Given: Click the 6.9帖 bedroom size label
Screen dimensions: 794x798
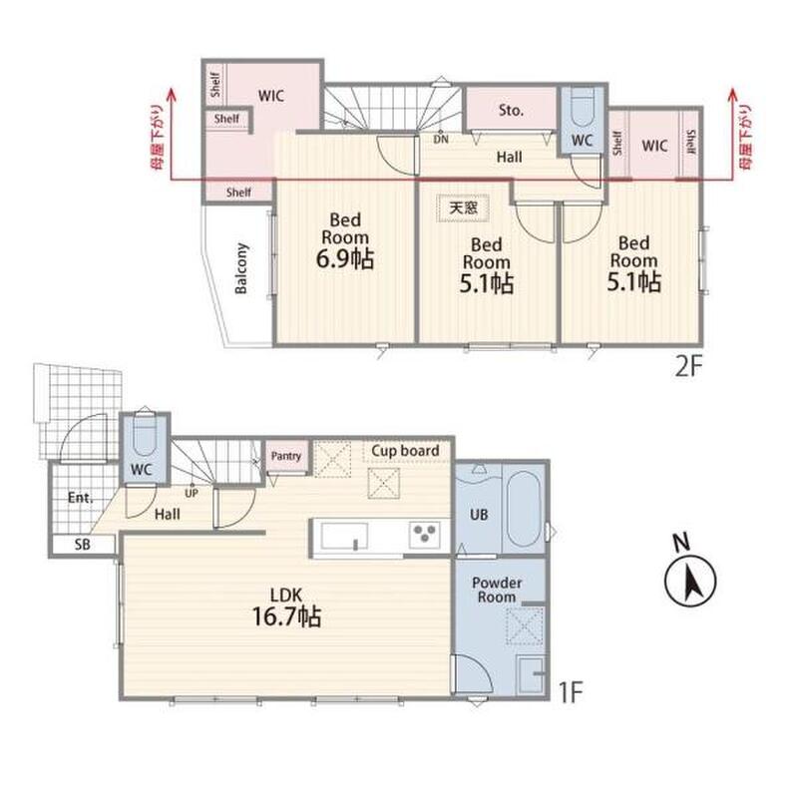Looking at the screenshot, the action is pos(345,258).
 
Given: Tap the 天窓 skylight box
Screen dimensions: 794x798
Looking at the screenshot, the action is pos(463,207).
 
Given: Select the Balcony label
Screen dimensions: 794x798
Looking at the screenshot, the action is pos(241,268).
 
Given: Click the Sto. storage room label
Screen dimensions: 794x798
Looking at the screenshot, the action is pos(511,110).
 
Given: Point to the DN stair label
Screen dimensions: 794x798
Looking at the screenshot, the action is pos(441,139).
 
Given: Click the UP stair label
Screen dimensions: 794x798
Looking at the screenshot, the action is pos(192,493).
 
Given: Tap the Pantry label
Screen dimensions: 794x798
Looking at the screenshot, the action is pos(286,456).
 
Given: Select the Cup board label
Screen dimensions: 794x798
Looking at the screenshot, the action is pos(405,451).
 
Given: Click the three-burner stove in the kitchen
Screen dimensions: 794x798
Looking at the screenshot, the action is pos(425,536).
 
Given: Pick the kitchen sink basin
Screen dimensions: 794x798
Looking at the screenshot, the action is pos(344,536).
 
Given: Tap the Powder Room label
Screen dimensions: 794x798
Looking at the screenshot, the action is pos(497,590).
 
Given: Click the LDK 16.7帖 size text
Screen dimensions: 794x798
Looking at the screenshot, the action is pos(286,607).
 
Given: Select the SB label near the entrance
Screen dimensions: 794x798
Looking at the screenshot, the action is pos(83,545).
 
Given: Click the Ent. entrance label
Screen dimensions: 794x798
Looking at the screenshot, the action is pos(81,497).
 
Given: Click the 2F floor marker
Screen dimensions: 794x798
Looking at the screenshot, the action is pos(688,367).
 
